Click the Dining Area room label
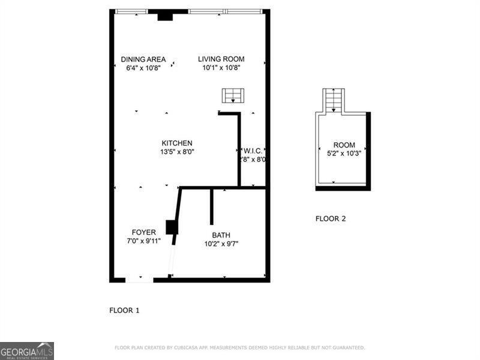click(143, 59)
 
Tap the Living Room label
click(221, 59)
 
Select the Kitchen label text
click(177, 143)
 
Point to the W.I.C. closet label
click(253, 151)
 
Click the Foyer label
click(144, 232)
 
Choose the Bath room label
click(221, 235)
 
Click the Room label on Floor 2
click(344, 145)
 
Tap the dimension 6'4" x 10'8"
click(143, 68)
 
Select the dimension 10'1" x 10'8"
click(221, 68)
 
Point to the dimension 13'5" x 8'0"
click(177, 152)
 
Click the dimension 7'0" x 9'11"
click(144, 241)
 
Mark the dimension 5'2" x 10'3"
click(344, 154)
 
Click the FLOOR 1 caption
click(124, 311)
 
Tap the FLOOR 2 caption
click(331, 219)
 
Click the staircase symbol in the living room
click(233, 96)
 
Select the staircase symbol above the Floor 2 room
click(334, 100)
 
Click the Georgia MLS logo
click(27, 351)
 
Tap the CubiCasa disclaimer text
click(239, 348)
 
